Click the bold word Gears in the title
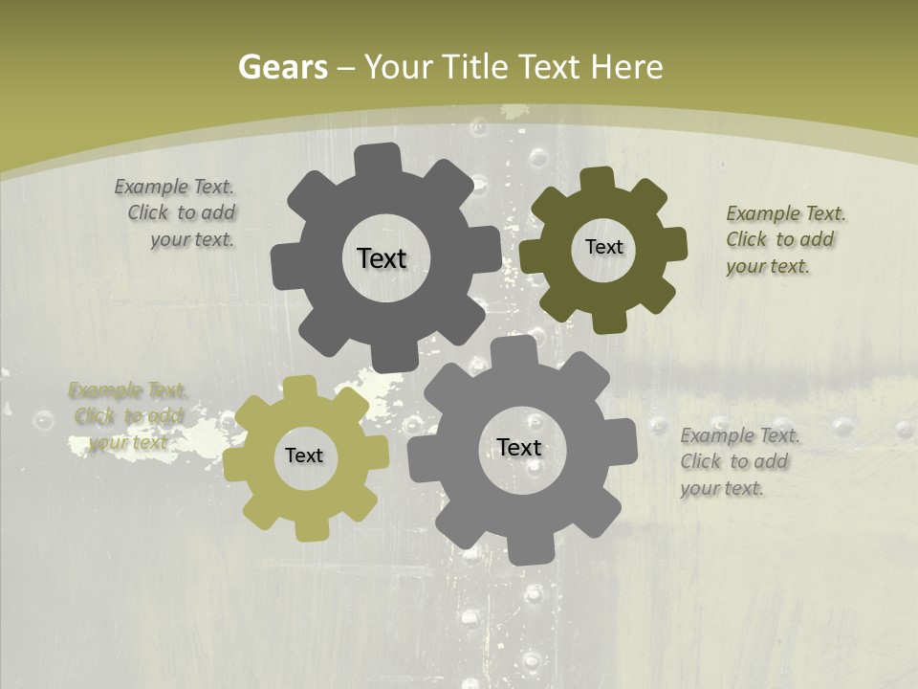click(x=283, y=67)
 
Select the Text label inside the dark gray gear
click(x=382, y=258)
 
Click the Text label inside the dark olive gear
click(x=603, y=247)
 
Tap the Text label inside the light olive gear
click(x=304, y=456)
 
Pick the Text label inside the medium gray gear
click(x=519, y=447)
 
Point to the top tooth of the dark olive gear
click(x=597, y=181)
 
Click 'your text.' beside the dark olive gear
click(x=768, y=266)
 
